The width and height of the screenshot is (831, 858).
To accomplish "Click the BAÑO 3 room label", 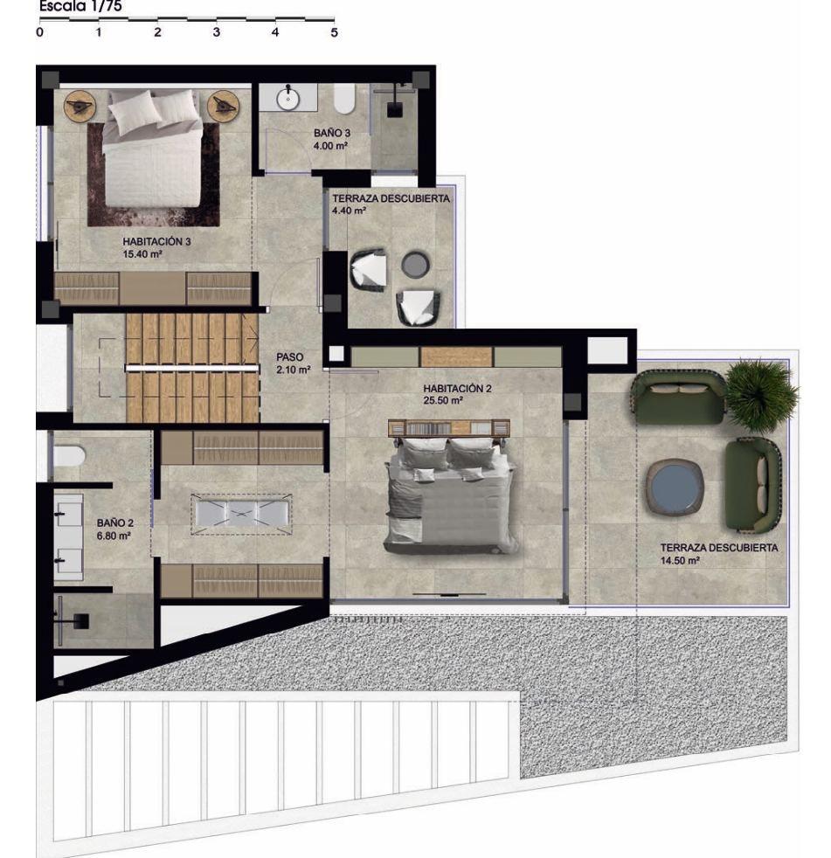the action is pyautogui.click(x=331, y=133).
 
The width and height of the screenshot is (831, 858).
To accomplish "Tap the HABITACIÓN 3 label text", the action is pyautogui.click(x=156, y=241).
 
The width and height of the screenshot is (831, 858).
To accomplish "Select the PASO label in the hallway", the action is pyautogui.click(x=289, y=356).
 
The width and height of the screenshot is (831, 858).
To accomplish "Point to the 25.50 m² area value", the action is pyautogui.click(x=443, y=400).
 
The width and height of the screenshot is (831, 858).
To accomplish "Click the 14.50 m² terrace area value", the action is pyautogui.click(x=680, y=560).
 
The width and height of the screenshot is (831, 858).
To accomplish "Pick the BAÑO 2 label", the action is pyautogui.click(x=114, y=523).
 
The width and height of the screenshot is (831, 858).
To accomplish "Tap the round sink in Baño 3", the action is pyautogui.click(x=287, y=99).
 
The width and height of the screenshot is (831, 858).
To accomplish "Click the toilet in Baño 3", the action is pyautogui.click(x=344, y=99).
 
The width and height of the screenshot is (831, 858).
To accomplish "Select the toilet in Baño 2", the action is pyautogui.click(x=69, y=456).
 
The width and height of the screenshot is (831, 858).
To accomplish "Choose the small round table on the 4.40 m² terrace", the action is pyautogui.click(x=416, y=264).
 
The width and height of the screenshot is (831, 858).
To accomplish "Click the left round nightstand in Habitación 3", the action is pyautogui.click(x=80, y=105).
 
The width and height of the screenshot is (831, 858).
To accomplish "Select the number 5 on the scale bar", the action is pyautogui.click(x=335, y=32).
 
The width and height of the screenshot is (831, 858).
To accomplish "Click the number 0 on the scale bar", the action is pyautogui.click(x=40, y=32).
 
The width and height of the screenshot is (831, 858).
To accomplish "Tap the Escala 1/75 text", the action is pyautogui.click(x=80, y=7).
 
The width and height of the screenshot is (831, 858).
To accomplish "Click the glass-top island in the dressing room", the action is pyautogui.click(x=241, y=515).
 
